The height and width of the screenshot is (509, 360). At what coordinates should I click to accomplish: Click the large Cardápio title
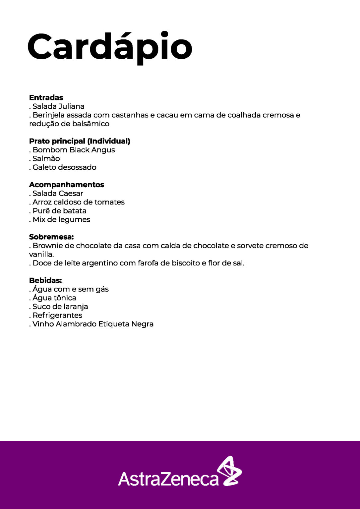[110, 47]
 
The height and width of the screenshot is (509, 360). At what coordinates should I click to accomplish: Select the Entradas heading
[46, 97]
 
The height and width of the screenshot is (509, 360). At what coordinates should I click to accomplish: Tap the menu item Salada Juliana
[58, 106]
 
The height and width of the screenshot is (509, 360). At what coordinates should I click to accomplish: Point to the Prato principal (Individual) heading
[80, 141]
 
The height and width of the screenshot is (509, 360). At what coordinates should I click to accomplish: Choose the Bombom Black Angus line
[74, 150]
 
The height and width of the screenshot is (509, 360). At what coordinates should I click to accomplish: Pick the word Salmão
[46, 158]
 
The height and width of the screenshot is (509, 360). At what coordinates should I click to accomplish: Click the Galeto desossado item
[64, 167]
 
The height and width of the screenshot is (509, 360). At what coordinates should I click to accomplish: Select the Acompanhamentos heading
[67, 185]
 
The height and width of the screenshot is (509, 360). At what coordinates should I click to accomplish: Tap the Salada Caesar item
[58, 193]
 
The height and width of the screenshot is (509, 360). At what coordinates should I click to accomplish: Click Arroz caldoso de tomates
[79, 202]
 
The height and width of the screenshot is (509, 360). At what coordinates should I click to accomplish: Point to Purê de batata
[59, 211]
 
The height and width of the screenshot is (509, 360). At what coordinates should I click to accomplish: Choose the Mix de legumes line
[61, 219]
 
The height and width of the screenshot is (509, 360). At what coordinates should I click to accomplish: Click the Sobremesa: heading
[51, 237]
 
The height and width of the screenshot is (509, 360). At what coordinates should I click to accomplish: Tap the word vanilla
[41, 254]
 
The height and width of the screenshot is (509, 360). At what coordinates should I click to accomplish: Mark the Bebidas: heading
[45, 280]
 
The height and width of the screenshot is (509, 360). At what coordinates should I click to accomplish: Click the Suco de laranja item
[60, 307]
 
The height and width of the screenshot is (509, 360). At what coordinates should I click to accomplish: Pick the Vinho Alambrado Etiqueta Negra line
[93, 324]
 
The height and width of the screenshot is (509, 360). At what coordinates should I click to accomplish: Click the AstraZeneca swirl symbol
[229, 471]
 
